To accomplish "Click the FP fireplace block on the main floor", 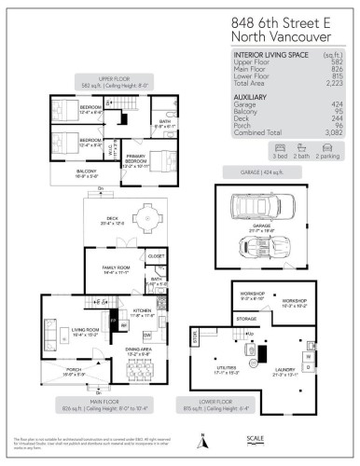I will pos(113,324).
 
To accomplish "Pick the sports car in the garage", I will pos(245,243).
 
